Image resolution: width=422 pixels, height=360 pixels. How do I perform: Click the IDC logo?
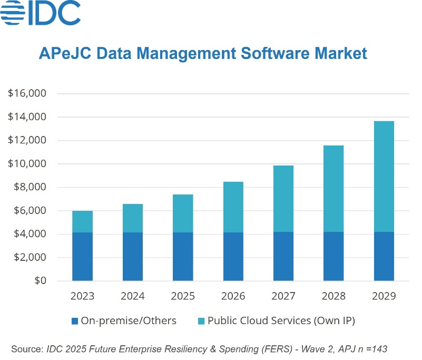click(41, 14)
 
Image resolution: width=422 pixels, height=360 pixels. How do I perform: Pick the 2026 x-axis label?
click(233, 296)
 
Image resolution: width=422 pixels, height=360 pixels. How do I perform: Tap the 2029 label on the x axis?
click(384, 296)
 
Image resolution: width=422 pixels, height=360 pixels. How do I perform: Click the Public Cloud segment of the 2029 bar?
click(384, 177)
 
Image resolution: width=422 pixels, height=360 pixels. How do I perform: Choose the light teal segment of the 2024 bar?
click(132, 218)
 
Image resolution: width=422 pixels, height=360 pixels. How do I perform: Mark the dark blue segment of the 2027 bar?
click(283, 257)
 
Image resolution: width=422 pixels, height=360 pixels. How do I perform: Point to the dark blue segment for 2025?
click(182, 257)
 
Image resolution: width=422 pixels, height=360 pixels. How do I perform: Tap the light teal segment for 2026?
click(233, 207)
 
